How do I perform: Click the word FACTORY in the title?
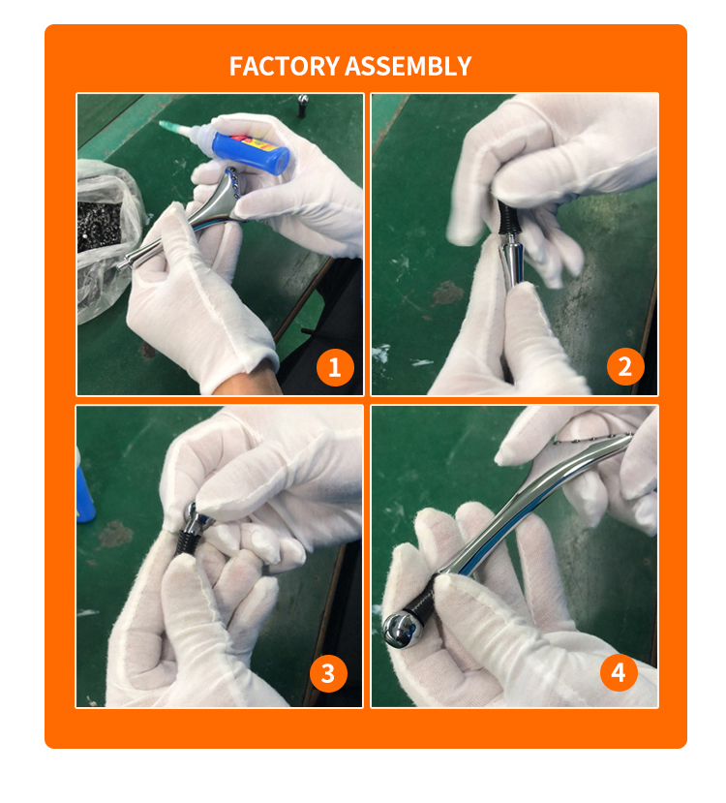(x=285, y=67)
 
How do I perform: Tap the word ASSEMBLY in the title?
(x=408, y=67)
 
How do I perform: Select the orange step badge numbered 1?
(x=335, y=367)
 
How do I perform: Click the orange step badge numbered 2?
(x=625, y=367)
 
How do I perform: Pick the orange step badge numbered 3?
(x=328, y=674)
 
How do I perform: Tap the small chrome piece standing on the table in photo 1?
(x=303, y=104)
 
